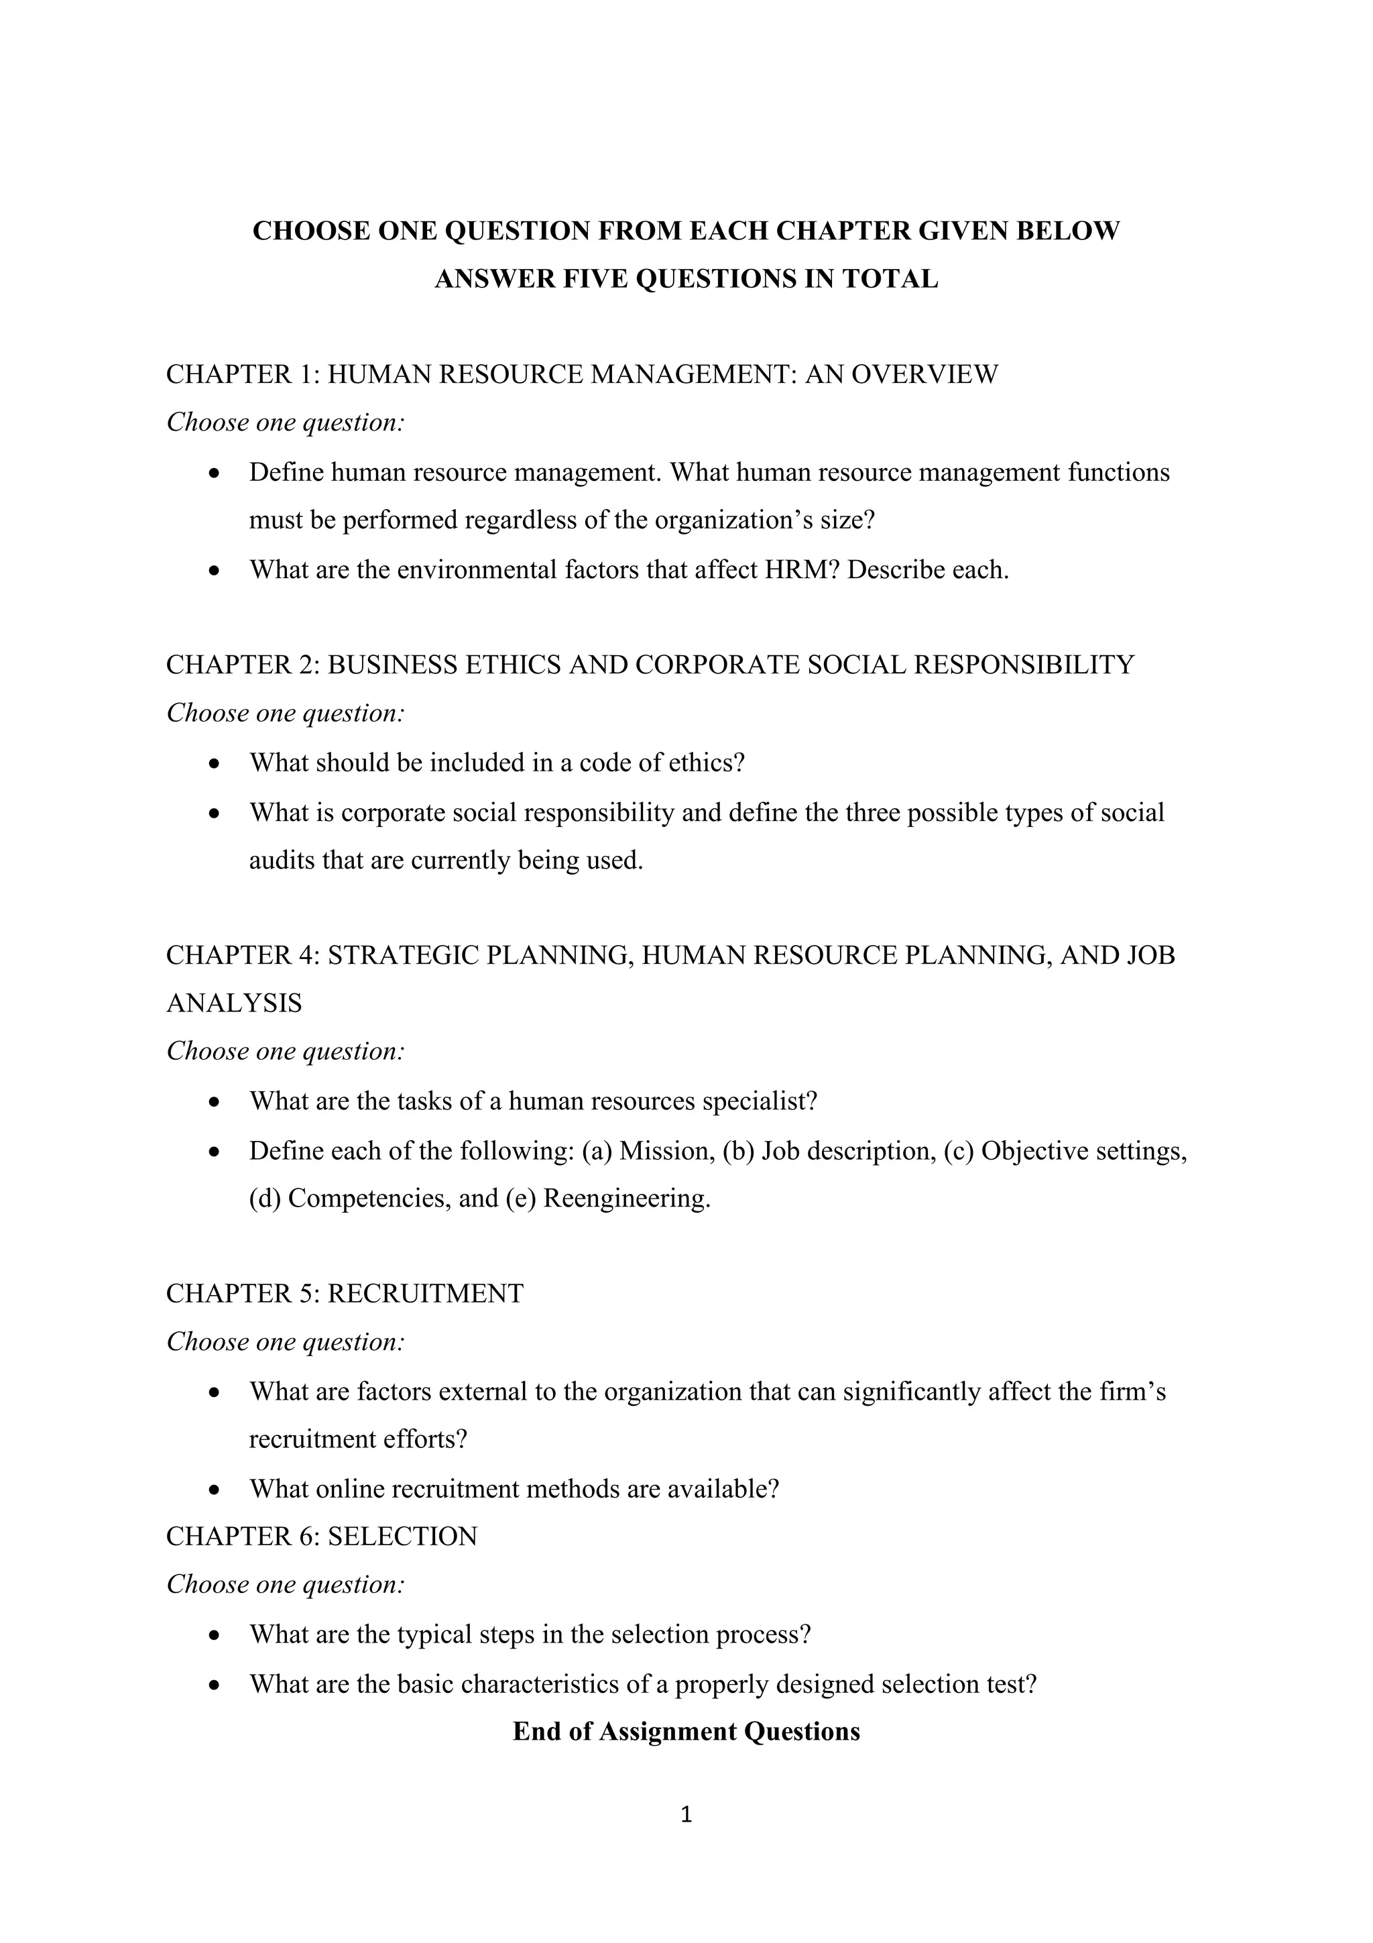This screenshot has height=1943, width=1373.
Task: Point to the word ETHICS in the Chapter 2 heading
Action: (x=514, y=665)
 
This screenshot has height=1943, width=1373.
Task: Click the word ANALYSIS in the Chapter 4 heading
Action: (x=235, y=1003)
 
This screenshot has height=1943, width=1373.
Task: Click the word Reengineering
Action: (x=626, y=1199)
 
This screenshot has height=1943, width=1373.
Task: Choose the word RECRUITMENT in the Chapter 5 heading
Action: (x=426, y=1294)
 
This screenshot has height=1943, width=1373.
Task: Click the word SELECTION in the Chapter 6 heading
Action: (x=403, y=1537)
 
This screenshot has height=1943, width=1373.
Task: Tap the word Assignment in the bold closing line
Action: (x=668, y=1732)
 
